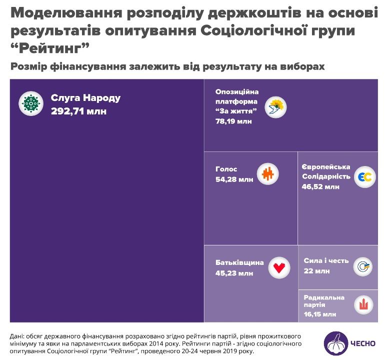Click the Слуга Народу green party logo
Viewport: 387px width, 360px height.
pos(31,103)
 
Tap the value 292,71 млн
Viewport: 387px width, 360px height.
pos(78,111)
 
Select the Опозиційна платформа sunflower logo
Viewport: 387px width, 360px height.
pos(275,107)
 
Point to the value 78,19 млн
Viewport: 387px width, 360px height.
pos(233,121)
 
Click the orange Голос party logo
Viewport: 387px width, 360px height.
pos(267,174)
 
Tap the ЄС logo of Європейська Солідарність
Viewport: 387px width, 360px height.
pos(365,177)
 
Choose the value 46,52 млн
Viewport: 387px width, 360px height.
pos(320,187)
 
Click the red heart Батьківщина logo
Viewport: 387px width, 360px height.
pos(279,267)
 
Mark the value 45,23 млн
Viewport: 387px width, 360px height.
pos(234,273)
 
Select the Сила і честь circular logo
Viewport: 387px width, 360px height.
pos(363,266)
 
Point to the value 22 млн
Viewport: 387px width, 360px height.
pos(316,271)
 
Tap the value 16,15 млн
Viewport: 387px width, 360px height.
pos(319,314)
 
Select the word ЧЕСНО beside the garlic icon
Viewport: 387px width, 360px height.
pos(364,343)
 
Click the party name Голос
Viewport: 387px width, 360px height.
pos(226,169)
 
